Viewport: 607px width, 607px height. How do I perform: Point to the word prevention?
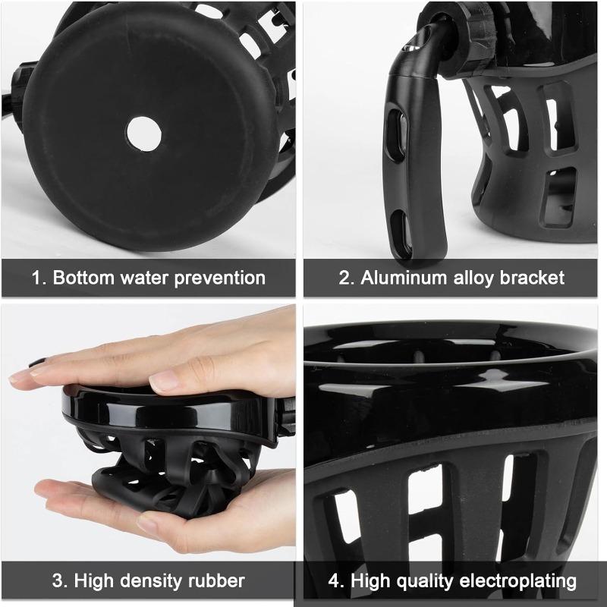[219, 277]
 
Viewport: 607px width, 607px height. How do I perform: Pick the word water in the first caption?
[147, 277]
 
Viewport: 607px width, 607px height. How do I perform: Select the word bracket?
[533, 277]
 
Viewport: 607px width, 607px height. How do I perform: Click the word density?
[153, 582]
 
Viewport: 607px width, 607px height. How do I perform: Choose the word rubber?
[217, 582]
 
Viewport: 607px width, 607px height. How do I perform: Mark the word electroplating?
[519, 582]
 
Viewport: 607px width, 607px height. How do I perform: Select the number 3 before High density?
[57, 582]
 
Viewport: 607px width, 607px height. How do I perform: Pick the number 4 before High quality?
[335, 582]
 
